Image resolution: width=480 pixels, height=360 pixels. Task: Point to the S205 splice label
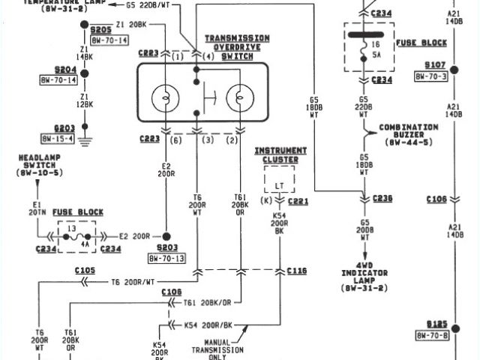pyautogui.click(x=100, y=31)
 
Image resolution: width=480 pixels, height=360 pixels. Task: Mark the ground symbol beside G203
pyautogui.click(x=84, y=139)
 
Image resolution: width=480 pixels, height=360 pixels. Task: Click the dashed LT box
pyautogui.click(x=279, y=181)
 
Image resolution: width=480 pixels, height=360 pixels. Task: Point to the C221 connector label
pyautogui.click(x=298, y=202)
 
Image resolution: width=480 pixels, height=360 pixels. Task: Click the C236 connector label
pyautogui.click(x=383, y=198)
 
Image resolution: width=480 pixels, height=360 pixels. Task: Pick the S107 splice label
pyautogui.click(x=435, y=65)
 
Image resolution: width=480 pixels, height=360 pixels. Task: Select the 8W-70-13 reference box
pyautogui.click(x=166, y=259)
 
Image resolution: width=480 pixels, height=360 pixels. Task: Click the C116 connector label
pyautogui.click(x=296, y=270)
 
